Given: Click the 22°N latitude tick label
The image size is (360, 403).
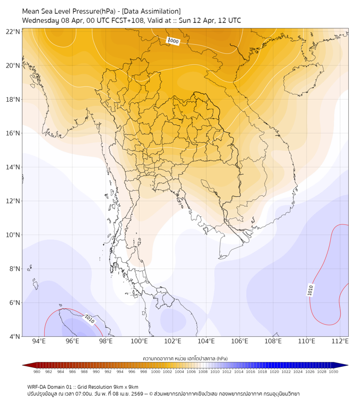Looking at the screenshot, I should pyautogui.click(x=13, y=31).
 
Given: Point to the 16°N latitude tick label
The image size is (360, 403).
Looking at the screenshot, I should pyautogui.click(x=13, y=133).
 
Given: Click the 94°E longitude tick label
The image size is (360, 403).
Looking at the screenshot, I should pyautogui.click(x=39, y=341).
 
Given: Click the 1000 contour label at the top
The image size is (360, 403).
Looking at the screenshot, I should pyautogui.click(x=173, y=41).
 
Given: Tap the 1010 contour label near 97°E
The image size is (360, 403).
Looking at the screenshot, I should pyautogui.click(x=89, y=319).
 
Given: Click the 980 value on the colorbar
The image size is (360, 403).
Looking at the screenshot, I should pyautogui.click(x=37, y=372).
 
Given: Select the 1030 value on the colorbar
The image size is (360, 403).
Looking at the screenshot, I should pyautogui.click(x=333, y=372).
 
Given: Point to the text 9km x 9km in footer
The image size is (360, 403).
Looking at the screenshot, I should pyautogui.click(x=126, y=386).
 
